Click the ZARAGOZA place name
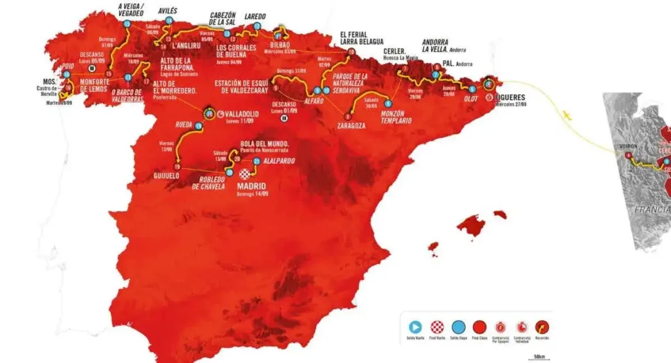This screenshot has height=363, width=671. (x=351, y=125)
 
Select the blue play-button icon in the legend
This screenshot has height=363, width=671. (x=414, y=326)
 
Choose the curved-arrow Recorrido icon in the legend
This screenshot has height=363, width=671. (x=542, y=326)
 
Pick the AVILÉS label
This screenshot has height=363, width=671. (x=167, y=11)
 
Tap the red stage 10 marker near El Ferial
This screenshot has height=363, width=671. (x=351, y=51)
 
